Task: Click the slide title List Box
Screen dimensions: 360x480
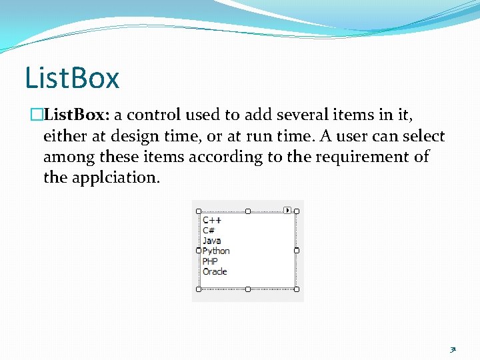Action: (x=72, y=77)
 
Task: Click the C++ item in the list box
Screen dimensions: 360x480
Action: (x=212, y=220)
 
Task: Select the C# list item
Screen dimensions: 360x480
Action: (x=209, y=230)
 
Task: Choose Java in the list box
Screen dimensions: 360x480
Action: (x=212, y=241)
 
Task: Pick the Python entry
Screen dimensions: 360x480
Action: (x=216, y=251)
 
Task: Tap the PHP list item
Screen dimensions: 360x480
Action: (x=210, y=261)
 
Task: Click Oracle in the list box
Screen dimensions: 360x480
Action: (x=215, y=271)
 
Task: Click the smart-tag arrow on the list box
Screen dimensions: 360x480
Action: (x=287, y=210)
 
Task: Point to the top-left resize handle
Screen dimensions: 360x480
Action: (x=199, y=211)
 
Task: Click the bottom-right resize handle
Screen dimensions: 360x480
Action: (x=297, y=289)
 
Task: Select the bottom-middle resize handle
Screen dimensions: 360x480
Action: (x=248, y=289)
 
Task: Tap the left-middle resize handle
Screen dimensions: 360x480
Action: (x=199, y=251)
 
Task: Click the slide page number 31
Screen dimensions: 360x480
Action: (x=453, y=349)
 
